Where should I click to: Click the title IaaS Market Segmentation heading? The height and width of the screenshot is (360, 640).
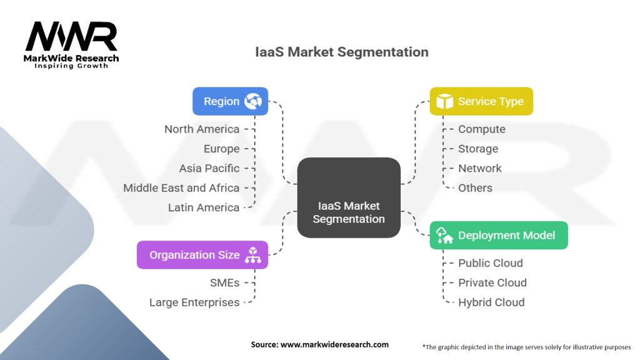[x=341, y=52]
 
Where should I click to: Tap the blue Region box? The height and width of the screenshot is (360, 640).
[x=230, y=101]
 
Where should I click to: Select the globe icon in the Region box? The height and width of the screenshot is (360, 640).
[x=253, y=101]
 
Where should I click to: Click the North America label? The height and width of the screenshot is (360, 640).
[x=202, y=129]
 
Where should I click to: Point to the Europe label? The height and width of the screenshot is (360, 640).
[x=221, y=149]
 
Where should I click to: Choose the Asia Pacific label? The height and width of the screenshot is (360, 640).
[x=209, y=168]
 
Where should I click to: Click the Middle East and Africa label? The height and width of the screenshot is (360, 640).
[x=181, y=187]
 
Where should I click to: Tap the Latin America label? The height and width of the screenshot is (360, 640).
[x=204, y=207]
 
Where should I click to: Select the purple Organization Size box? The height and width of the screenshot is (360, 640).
[x=202, y=255]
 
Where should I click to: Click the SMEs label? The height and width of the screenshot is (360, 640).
[x=224, y=282]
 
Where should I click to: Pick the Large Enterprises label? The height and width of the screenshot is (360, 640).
[x=194, y=302]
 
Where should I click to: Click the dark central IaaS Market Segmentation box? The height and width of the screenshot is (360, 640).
[x=348, y=197]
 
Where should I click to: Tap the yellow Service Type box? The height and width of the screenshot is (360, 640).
[x=481, y=101]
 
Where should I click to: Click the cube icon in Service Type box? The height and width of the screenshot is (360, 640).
[x=444, y=101]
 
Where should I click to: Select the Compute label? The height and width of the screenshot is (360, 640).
[x=481, y=129]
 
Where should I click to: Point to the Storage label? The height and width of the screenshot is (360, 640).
[x=478, y=149]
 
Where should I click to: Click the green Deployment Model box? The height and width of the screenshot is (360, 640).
[x=498, y=236]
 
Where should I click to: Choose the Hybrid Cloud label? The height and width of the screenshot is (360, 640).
[x=491, y=302]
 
